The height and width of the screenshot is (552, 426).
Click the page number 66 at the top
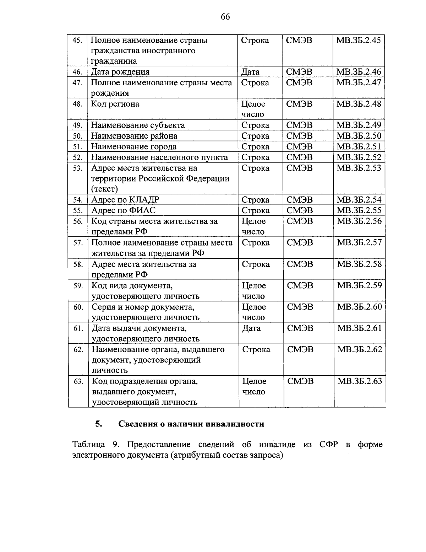(x=225, y=17)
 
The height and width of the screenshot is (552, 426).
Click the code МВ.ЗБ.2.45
(x=359, y=40)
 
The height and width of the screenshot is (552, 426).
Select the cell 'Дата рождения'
(x=120, y=72)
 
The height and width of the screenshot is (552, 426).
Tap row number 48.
(x=77, y=104)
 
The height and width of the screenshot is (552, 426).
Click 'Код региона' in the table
(x=115, y=104)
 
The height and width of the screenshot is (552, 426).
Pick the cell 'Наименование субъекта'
(x=138, y=125)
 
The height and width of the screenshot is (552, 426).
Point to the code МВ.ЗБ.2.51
(x=359, y=146)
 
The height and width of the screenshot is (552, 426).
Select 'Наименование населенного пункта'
(x=159, y=157)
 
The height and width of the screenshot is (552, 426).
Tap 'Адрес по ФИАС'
(x=123, y=210)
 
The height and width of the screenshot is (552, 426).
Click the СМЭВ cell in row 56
(x=300, y=221)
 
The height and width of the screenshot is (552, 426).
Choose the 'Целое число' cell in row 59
(x=253, y=290)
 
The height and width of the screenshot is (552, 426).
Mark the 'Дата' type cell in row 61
(x=251, y=328)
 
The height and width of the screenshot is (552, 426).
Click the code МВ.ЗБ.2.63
(x=360, y=381)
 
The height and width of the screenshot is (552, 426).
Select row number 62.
(x=78, y=350)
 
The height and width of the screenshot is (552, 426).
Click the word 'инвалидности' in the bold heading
(x=236, y=424)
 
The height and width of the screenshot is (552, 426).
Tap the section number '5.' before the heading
(x=99, y=424)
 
